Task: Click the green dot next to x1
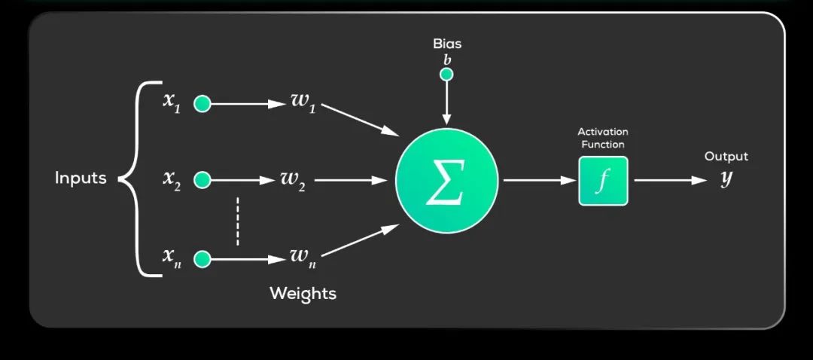pos(202,104)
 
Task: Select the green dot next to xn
pos(202,260)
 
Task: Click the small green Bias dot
pos(446,74)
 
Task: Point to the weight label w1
pos(302,102)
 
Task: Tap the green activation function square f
pos(602,181)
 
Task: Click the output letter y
pos(726,180)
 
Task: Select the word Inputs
pos(81,178)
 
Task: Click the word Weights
pos(303,293)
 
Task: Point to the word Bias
pos(447,44)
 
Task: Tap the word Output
pos(726,157)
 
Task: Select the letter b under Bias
pos(447,59)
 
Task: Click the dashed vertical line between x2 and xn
pos(237,221)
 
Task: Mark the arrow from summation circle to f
pos(537,181)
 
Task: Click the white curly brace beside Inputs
pos(135,179)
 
